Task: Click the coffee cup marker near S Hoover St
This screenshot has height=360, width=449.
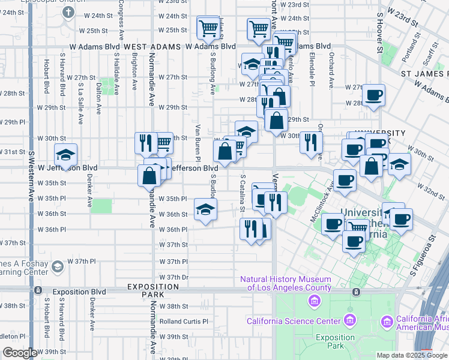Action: (373, 95)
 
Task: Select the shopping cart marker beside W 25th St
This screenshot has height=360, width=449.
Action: (208, 27)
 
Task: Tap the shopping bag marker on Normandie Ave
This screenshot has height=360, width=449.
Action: (149, 176)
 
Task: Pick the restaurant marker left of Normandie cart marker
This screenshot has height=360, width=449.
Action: (145, 143)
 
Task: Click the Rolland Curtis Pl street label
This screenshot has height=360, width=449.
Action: (183, 322)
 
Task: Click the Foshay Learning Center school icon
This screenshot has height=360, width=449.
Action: (58, 266)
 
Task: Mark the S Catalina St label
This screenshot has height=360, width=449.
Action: (243, 193)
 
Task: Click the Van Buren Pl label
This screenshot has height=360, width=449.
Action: (197, 138)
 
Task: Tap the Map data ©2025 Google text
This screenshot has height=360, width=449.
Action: (411, 355)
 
